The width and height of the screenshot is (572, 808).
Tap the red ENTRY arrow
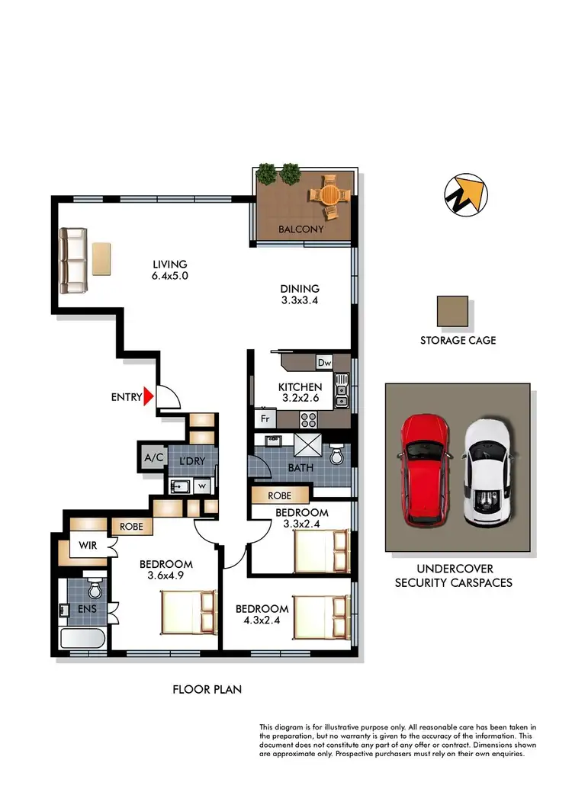[149, 396]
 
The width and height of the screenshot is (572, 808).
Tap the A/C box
[151, 459]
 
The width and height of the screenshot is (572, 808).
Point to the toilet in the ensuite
[94, 588]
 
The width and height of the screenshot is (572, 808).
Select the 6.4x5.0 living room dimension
[169, 276]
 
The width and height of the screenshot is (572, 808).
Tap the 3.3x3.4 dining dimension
[298, 301]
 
